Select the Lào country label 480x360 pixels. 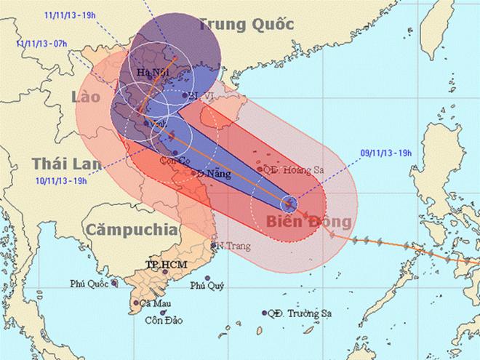(87, 97)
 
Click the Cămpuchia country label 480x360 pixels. (131, 230)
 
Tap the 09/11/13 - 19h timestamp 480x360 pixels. (385, 153)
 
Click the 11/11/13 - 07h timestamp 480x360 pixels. (39, 44)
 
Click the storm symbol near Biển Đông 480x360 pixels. (289, 201)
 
